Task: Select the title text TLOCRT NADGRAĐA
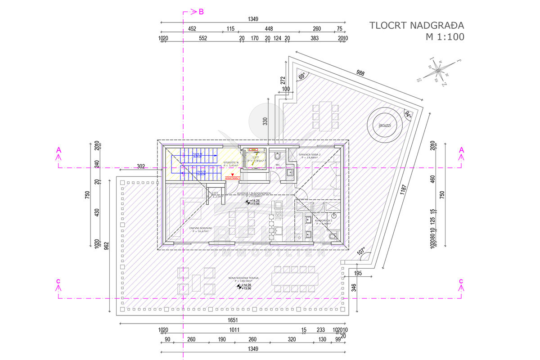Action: [x=417, y=25]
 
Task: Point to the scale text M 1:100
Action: [x=445, y=37]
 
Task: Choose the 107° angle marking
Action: [x=360, y=252]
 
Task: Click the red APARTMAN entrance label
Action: [x=233, y=178]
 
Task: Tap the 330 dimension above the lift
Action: [x=265, y=121]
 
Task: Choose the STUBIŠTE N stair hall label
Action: [x=231, y=163]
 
